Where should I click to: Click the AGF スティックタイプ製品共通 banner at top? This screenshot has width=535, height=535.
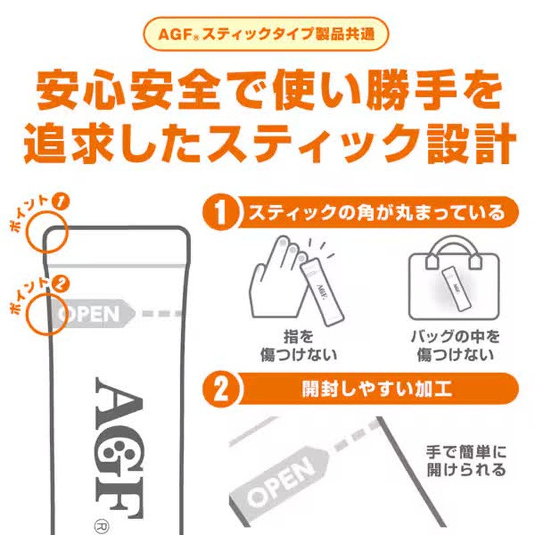[x=266, y=34]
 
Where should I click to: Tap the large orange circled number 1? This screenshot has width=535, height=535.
[x=221, y=213]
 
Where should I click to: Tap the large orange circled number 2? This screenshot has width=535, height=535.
[x=221, y=389]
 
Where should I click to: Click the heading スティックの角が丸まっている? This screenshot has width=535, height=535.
[x=377, y=213]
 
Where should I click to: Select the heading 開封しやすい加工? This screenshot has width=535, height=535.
[x=377, y=389]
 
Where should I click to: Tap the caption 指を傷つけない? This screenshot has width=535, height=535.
[x=298, y=346]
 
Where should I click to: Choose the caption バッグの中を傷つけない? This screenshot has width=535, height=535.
[x=455, y=346]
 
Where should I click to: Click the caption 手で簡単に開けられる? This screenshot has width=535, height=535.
[x=466, y=461]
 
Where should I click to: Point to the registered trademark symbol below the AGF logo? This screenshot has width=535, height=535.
[x=101, y=526]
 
